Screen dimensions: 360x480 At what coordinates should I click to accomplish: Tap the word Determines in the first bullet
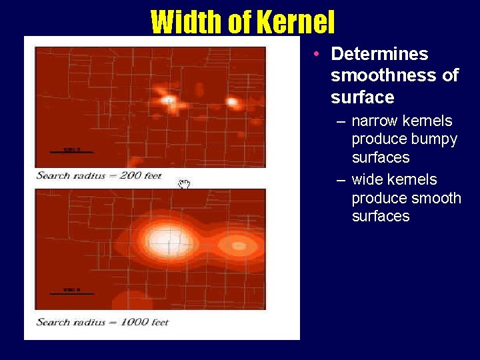coord(379,54)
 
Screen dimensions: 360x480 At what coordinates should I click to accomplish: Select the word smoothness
coord(383,75)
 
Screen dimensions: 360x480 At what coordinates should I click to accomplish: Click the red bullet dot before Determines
coord(321,53)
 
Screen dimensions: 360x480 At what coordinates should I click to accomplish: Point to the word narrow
coord(375,121)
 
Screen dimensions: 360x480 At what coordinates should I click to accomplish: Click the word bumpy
coord(434,139)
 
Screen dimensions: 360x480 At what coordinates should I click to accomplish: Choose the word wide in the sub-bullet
coord(368,180)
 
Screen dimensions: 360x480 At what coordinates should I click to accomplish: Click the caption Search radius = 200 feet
coord(99,176)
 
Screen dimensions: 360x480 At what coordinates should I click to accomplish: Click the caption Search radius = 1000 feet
coord(102,323)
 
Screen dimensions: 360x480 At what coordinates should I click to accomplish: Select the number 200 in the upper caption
coord(131,176)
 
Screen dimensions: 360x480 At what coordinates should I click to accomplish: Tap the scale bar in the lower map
coord(72,293)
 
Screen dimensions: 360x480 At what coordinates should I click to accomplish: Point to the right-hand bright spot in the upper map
coord(233,102)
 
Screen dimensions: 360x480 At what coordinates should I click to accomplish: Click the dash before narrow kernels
coord(341,122)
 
